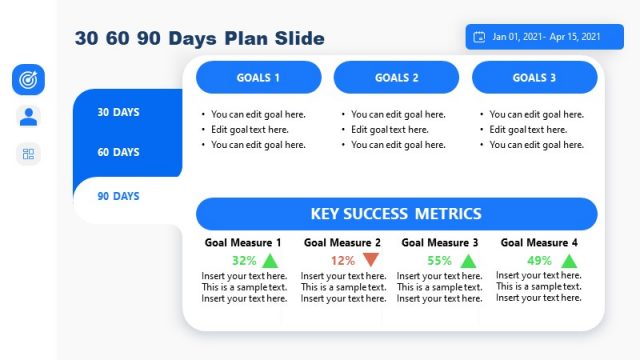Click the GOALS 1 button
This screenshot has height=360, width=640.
[x=258, y=77]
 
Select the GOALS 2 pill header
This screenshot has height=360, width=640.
[x=397, y=77]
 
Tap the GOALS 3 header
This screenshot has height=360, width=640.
[x=535, y=77]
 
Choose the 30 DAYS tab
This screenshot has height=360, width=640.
[x=118, y=112]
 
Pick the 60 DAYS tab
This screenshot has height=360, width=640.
[x=118, y=152]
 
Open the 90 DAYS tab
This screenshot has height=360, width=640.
[x=118, y=196]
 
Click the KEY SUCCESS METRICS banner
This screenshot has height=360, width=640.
[x=396, y=213]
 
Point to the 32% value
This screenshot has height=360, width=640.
[x=244, y=261]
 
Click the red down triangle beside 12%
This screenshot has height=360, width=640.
[x=371, y=260]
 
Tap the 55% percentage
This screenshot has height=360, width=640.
[x=439, y=261]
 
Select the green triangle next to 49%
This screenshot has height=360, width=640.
[x=569, y=261]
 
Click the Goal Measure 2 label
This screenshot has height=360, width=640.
[x=342, y=243]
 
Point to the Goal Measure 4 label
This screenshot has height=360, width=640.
[x=539, y=242]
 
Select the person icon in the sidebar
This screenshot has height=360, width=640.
[x=28, y=116]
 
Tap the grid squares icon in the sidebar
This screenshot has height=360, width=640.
[x=28, y=154]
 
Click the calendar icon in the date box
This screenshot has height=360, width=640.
[x=479, y=37]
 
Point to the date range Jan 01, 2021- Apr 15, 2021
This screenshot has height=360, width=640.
[x=547, y=37]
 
